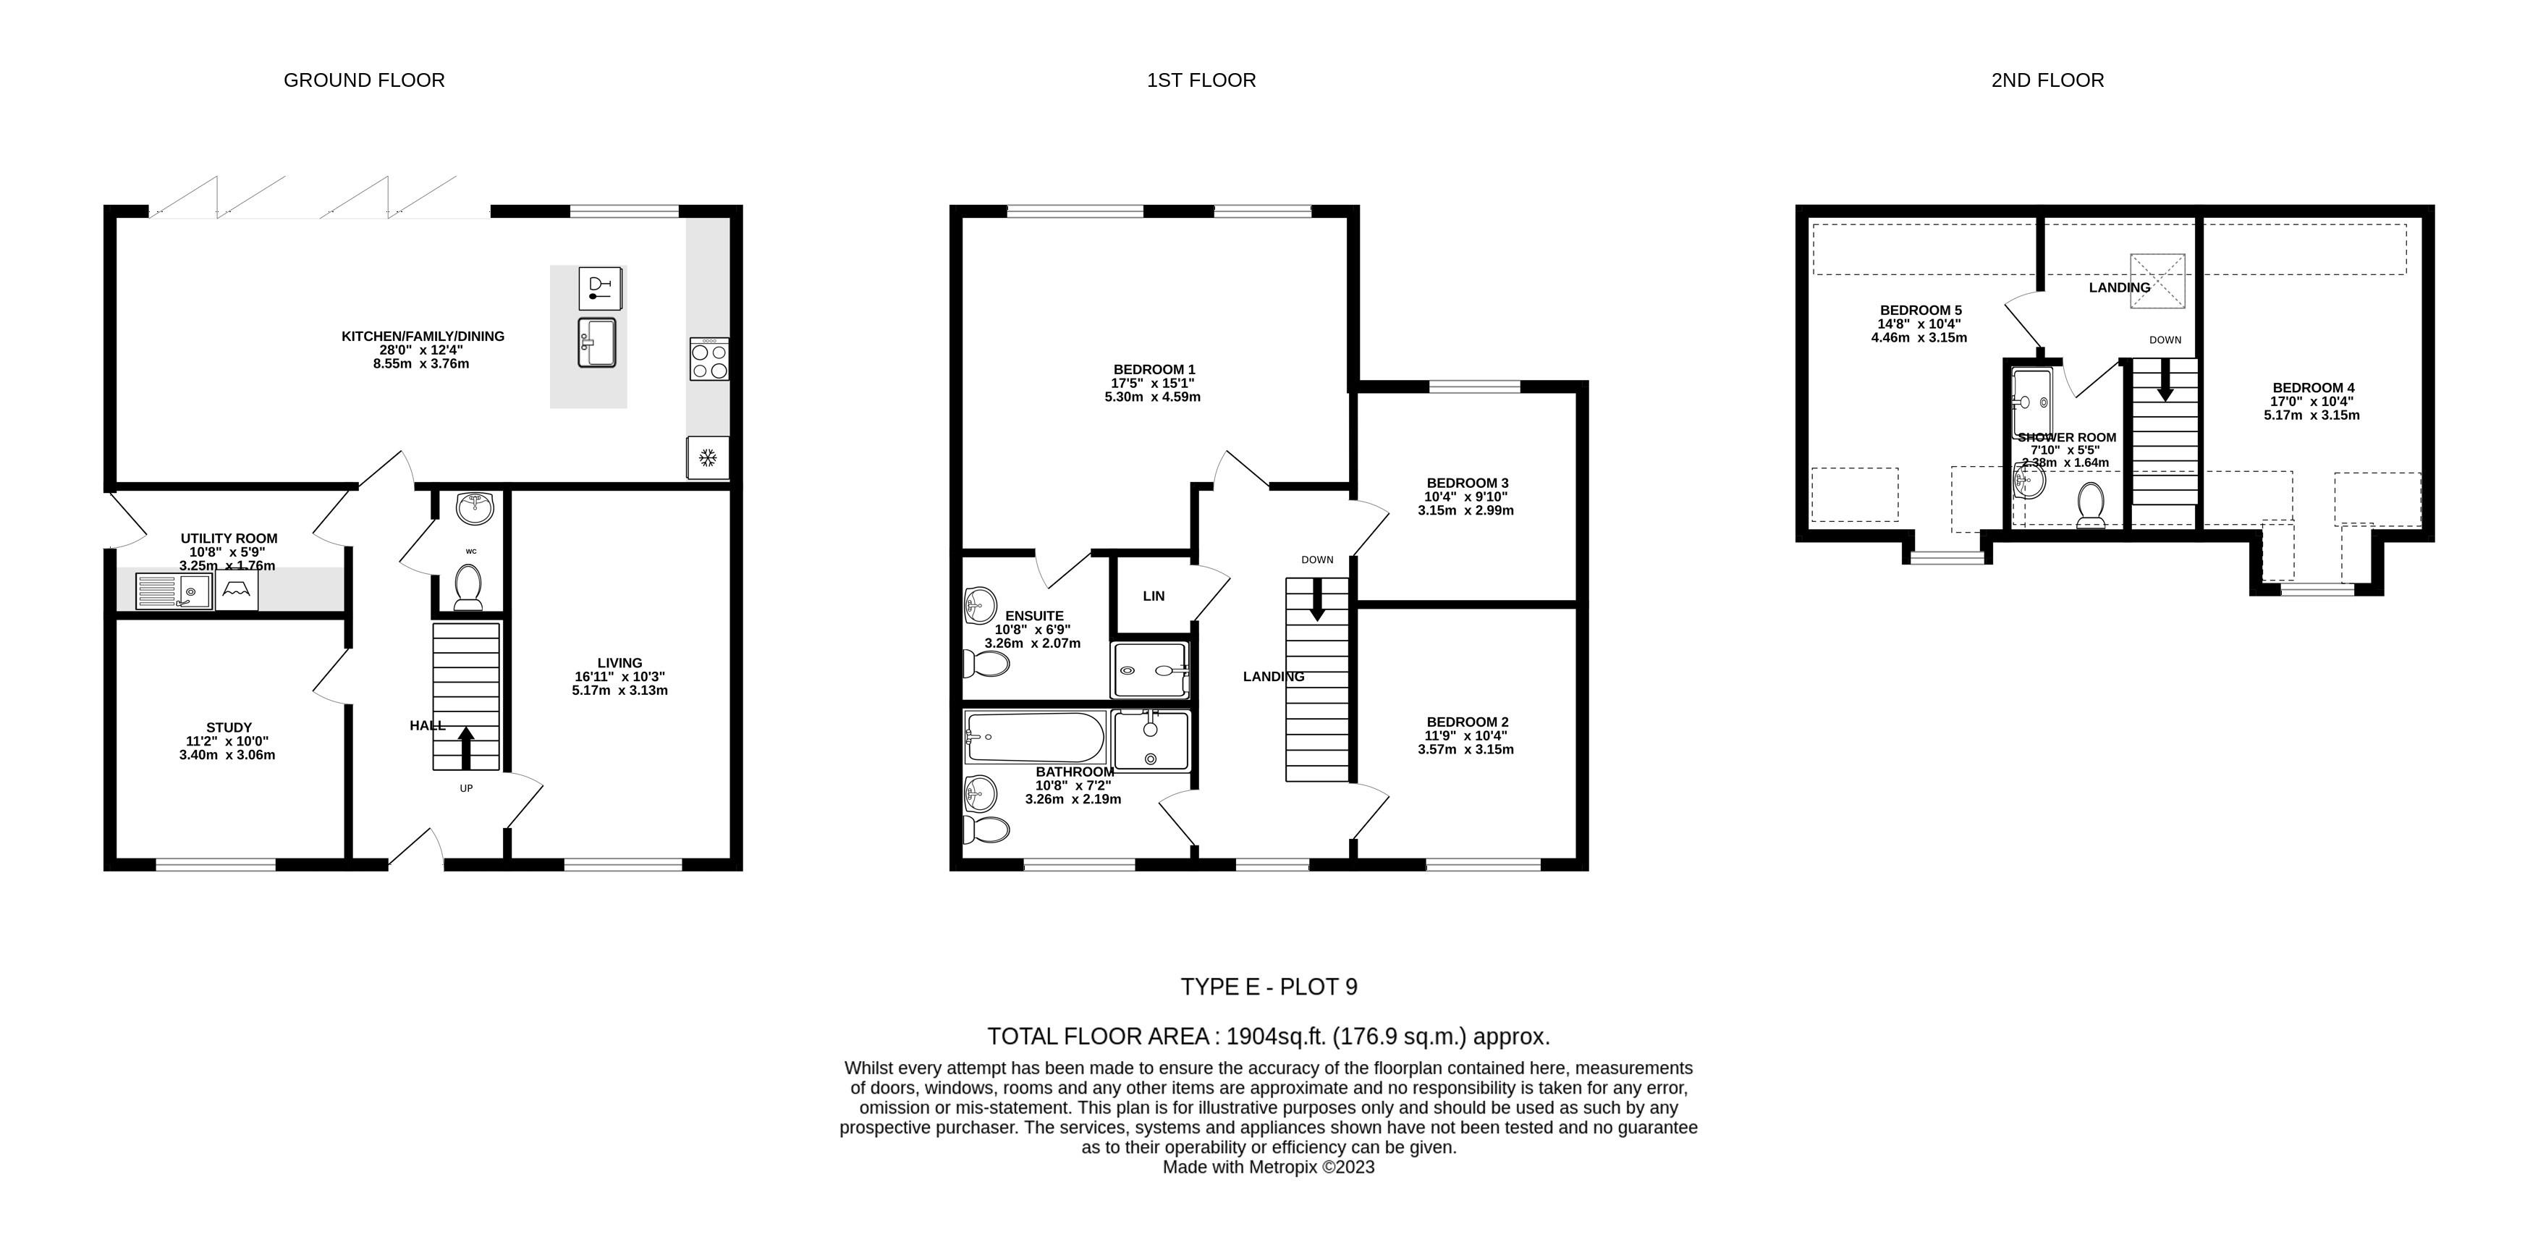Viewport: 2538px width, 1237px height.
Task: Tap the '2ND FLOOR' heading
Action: point(2047,80)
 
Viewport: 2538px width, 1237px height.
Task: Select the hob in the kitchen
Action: point(709,359)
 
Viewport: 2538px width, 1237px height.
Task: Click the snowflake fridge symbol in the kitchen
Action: point(707,457)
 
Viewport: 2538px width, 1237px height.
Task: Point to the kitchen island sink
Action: point(597,342)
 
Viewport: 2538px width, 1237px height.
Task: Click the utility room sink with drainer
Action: point(174,591)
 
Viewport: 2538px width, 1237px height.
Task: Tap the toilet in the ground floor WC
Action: point(468,588)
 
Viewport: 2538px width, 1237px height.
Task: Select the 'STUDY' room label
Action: point(229,727)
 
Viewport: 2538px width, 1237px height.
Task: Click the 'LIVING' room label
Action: point(619,663)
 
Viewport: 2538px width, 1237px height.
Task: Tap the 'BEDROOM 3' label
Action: point(1466,483)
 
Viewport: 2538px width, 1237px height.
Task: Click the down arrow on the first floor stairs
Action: point(1317,599)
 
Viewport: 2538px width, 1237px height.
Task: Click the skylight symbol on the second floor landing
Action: point(2157,281)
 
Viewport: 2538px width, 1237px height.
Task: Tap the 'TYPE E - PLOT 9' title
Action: point(1269,987)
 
